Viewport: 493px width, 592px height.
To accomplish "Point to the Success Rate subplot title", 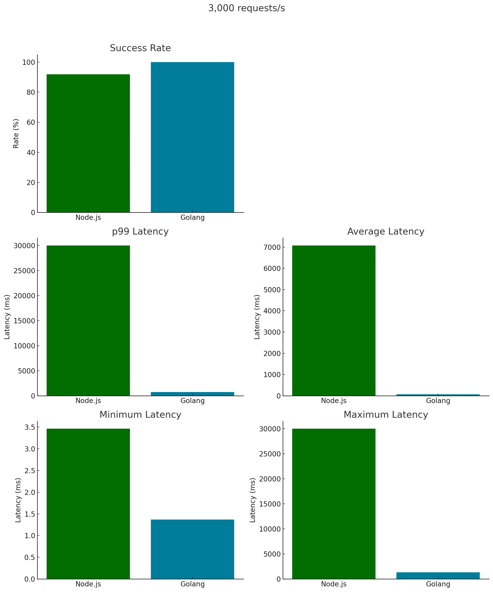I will point(140,48).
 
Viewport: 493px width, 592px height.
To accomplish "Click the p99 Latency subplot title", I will point(140,231).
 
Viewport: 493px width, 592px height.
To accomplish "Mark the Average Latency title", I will point(385,231).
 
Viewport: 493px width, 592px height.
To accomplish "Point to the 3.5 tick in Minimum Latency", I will point(30,427).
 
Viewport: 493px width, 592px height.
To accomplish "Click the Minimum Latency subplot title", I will point(140,415).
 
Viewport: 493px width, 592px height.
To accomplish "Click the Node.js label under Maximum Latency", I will point(334,584).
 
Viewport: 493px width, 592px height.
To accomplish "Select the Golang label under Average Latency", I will point(438,401).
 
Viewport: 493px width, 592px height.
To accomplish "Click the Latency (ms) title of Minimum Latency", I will point(18,500).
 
